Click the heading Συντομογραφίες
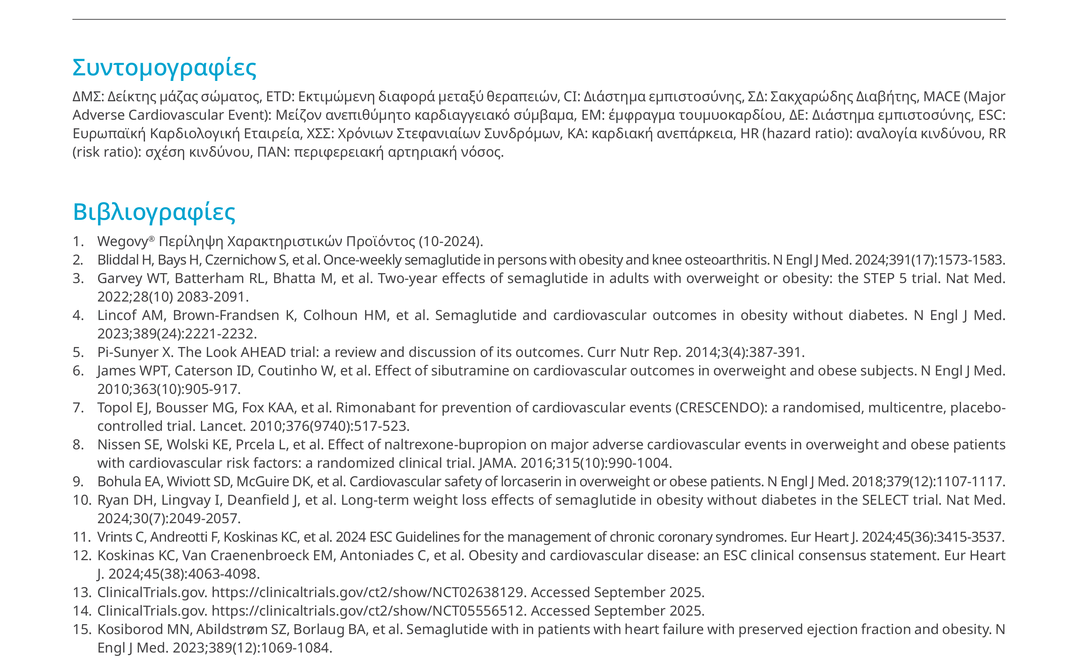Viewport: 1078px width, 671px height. coord(164,68)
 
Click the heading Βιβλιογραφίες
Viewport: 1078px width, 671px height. coord(154,212)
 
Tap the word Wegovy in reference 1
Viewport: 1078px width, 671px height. coord(122,241)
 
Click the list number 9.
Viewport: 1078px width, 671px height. coord(78,481)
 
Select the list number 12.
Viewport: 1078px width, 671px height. coord(82,556)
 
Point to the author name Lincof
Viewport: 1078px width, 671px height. coord(117,316)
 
